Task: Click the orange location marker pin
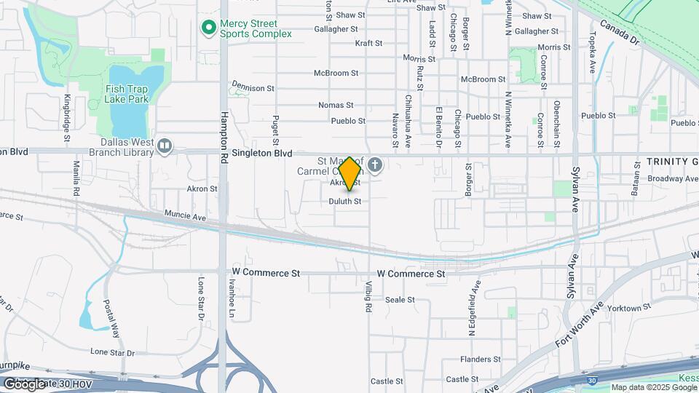tap(350, 173)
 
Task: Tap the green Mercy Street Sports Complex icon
tap(208, 28)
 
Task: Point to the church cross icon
tap(375, 165)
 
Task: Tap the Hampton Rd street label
tap(225, 131)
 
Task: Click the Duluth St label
tap(344, 201)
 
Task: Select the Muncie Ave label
tap(186, 217)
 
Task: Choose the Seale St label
tap(400, 300)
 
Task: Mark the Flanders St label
tap(481, 360)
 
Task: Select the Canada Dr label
tap(619, 32)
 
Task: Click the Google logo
tap(24, 384)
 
